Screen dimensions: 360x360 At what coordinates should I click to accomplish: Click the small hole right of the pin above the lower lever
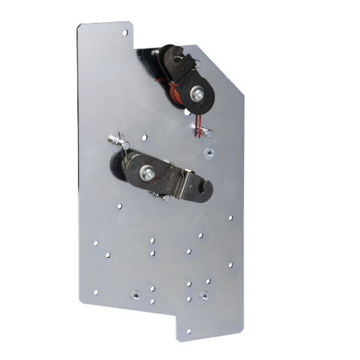(143, 138)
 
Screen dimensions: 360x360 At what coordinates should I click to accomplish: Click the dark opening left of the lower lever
(124, 170)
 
